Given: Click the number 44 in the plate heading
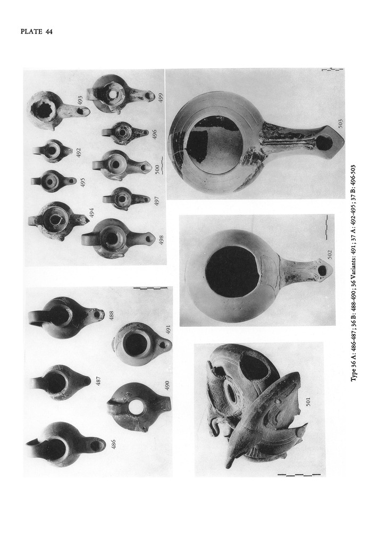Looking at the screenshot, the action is (x=48, y=31).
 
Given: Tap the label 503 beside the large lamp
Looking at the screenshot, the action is (x=340, y=123).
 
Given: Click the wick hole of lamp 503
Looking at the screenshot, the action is (x=325, y=143).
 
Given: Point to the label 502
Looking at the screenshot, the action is (x=330, y=255).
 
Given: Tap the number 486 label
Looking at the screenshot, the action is (x=113, y=444).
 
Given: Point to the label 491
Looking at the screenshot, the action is (x=169, y=329).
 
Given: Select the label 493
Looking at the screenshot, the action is (x=80, y=100).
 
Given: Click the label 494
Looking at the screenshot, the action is (x=91, y=212).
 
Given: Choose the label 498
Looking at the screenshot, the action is (x=161, y=240).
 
